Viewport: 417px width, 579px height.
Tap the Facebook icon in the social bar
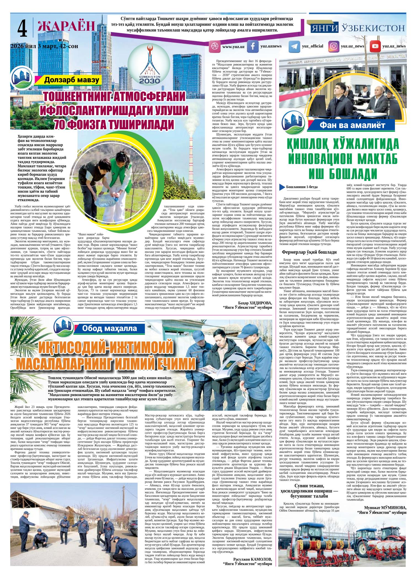click(x=252, y=46)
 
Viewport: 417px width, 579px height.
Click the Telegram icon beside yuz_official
click(x=294, y=46)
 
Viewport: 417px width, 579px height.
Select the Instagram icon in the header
click(x=334, y=46)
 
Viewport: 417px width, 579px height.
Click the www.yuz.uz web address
click(x=233, y=47)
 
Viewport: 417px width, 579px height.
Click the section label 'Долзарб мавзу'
click(x=71, y=81)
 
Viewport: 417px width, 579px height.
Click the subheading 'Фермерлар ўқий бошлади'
click(x=309, y=252)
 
